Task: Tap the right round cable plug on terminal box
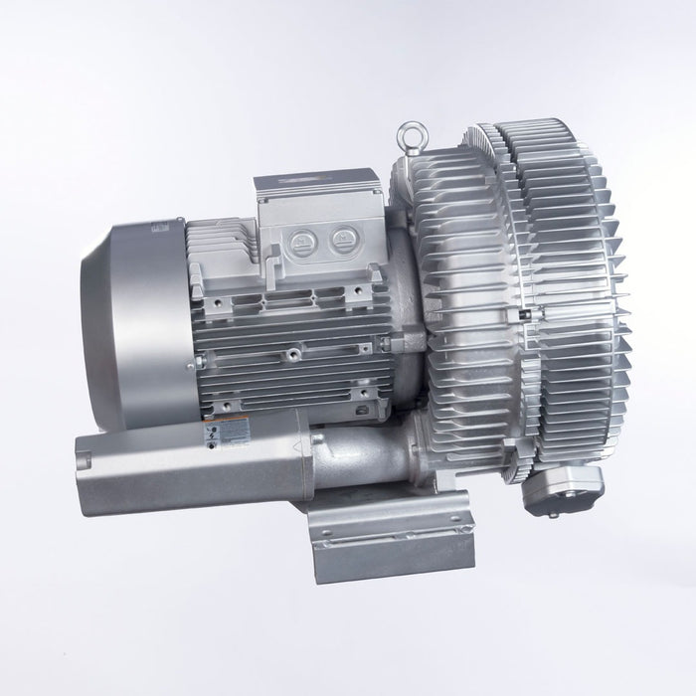pos(344,237)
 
